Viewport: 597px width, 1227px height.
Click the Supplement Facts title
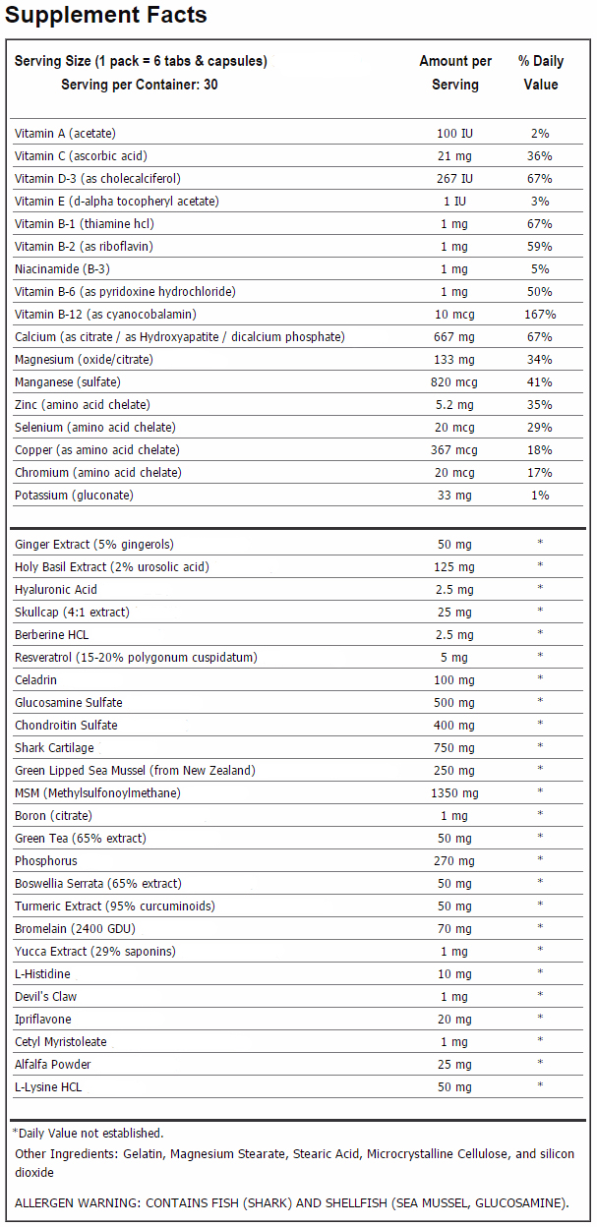(106, 15)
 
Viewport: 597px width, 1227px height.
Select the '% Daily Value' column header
(541, 73)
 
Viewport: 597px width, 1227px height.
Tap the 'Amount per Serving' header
(455, 73)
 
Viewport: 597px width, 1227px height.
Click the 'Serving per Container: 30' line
(140, 85)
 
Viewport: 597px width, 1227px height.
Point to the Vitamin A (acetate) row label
(65, 133)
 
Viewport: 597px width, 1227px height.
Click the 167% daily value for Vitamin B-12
(540, 315)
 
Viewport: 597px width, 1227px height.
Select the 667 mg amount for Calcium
(454, 337)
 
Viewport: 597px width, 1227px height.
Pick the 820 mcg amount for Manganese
(454, 382)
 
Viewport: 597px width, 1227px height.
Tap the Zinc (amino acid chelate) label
(83, 405)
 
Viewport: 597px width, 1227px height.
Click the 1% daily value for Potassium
(540, 496)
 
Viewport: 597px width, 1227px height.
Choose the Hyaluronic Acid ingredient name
(56, 589)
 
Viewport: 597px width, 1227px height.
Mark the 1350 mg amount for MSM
(454, 793)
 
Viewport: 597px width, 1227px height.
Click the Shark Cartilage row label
(54, 747)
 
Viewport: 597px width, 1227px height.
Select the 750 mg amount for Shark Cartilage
(454, 747)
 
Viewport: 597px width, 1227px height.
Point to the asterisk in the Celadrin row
(540, 677)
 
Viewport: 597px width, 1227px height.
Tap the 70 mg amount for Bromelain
(454, 929)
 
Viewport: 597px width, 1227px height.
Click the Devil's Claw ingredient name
(45, 996)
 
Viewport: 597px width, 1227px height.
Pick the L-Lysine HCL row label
(48, 1086)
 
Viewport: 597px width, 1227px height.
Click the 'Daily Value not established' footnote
(88, 1133)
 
